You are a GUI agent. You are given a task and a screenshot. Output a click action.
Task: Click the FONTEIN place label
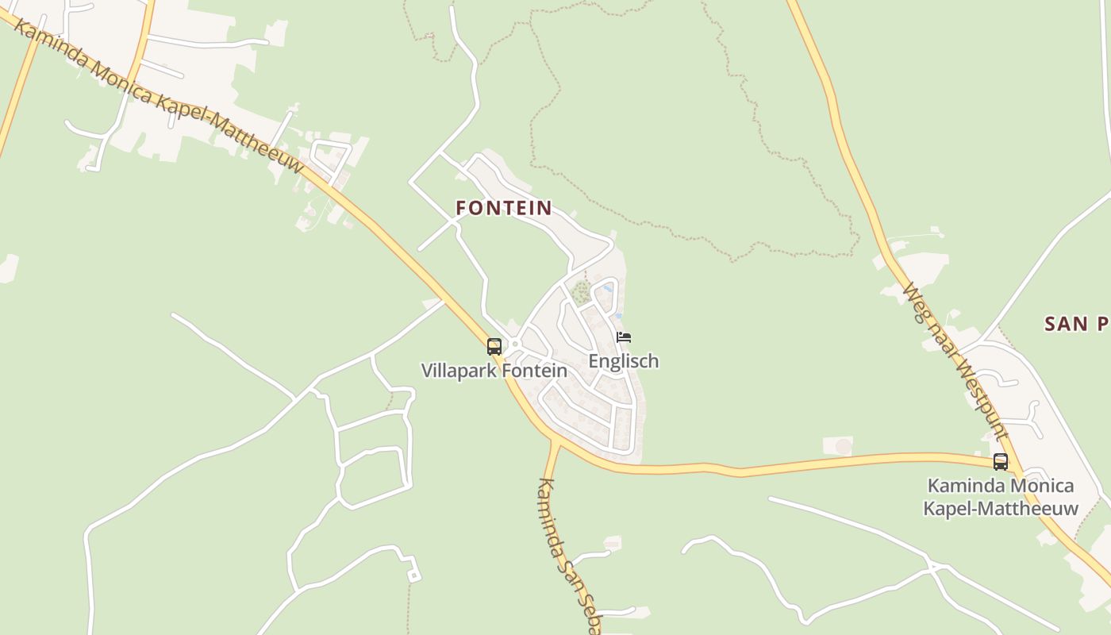coord(504,208)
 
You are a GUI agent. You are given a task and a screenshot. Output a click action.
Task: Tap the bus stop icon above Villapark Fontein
coord(494,346)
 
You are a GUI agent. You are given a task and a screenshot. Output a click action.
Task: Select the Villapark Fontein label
coord(494,371)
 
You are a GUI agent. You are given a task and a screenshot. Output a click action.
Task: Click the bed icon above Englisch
coord(623,337)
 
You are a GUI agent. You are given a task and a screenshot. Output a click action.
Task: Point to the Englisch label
coord(623,361)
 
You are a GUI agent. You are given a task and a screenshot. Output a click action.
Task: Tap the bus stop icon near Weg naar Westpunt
coord(1000,461)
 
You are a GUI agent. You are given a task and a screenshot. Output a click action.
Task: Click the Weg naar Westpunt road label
coord(955,362)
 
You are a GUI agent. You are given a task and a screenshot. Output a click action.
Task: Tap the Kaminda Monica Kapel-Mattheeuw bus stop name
coord(1001,497)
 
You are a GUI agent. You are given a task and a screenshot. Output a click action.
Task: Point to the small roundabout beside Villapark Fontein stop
coord(514,344)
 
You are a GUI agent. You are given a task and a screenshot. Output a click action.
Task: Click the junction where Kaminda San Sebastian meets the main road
coord(554,441)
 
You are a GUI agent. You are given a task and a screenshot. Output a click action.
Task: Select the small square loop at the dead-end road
coord(412,575)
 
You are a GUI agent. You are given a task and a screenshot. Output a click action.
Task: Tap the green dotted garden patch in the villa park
coord(580,291)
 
